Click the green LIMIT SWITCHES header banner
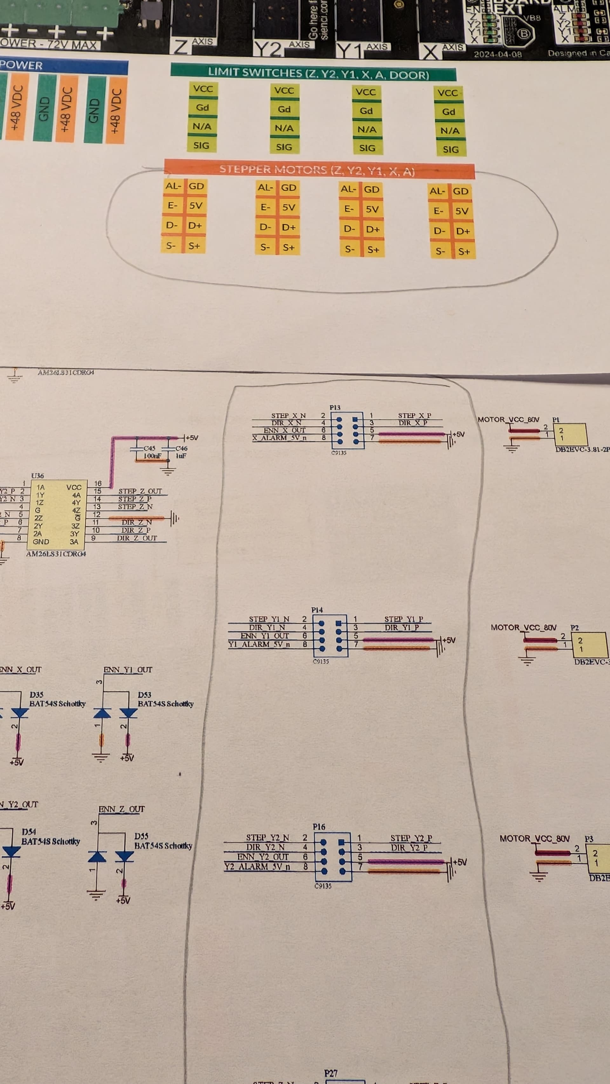[313, 74]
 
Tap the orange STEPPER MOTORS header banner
[319, 170]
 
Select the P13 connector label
[335, 407]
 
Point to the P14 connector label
[317, 610]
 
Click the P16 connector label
[319, 827]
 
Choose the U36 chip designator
[37, 475]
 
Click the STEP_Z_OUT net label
[140, 491]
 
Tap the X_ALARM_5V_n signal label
[280, 438]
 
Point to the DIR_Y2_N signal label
[265, 847]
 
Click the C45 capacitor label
[149, 448]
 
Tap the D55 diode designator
[141, 836]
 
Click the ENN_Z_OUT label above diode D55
[122, 809]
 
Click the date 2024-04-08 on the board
[498, 54]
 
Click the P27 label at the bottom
[331, 1073]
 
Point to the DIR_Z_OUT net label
[137, 538]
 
